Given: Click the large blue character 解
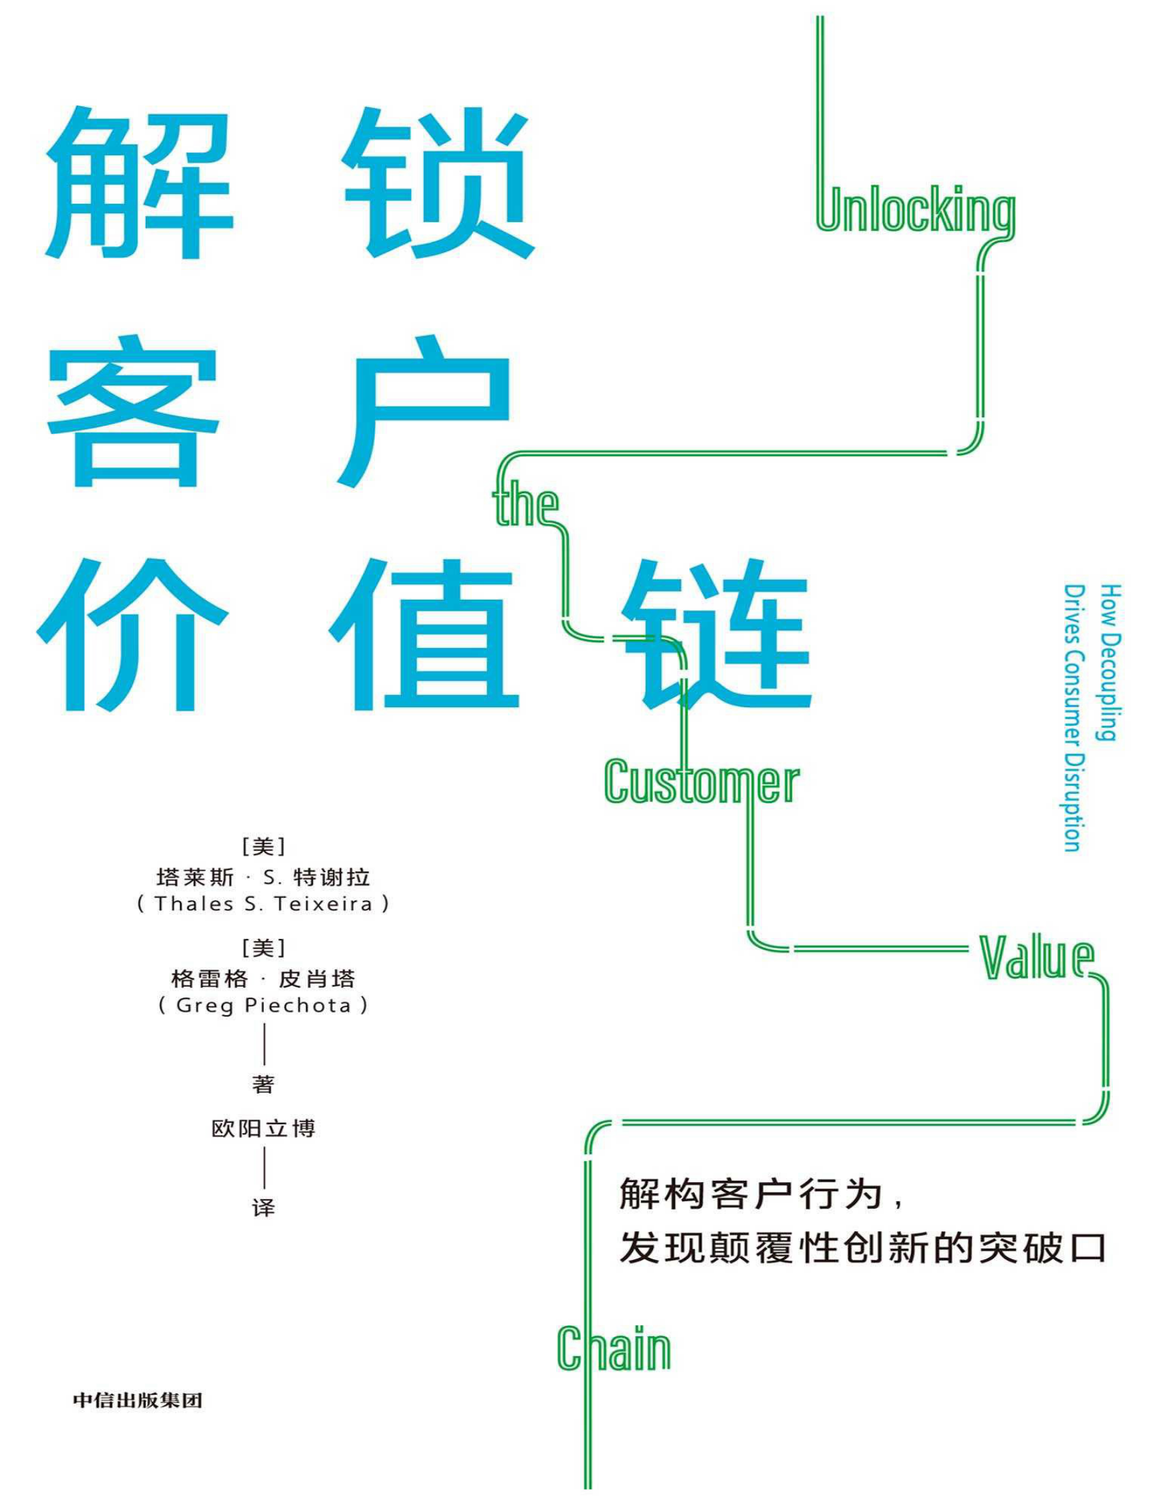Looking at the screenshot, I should pyautogui.click(x=139, y=184).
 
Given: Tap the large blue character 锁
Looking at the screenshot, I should pyautogui.click(x=438, y=184).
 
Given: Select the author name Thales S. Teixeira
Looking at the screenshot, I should pyautogui.click(x=263, y=903).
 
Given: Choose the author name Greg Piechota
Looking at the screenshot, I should pyautogui.click(x=263, y=1006).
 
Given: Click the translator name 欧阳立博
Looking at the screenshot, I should pyautogui.click(x=263, y=1128).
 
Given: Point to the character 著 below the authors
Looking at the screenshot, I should pyautogui.click(x=263, y=1085).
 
